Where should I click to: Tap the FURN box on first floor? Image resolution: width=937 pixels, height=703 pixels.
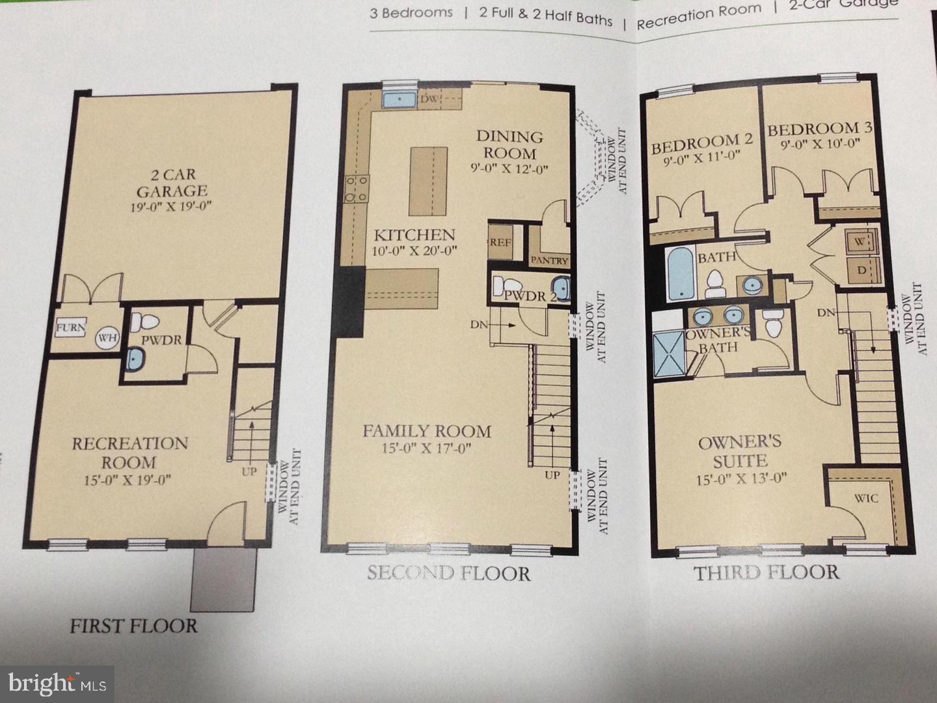coord(70,328)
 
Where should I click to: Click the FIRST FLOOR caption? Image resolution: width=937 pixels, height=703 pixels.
coord(133,626)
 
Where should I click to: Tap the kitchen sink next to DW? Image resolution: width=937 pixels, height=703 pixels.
coord(399,100)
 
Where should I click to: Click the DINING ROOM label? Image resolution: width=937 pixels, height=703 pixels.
coord(510,145)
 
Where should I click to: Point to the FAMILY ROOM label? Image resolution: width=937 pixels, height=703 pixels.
coord(427,431)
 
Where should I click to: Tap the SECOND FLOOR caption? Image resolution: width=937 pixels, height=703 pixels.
coord(448,573)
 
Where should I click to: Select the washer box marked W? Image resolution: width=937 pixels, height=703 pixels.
coord(861,241)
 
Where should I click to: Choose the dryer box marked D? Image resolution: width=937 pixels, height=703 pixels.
coord(862,269)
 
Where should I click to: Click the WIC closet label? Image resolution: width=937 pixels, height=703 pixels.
coord(865,498)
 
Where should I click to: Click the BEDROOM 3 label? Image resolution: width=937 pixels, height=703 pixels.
coord(819,130)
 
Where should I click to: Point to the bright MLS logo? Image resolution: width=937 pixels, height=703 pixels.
coord(57,684)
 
